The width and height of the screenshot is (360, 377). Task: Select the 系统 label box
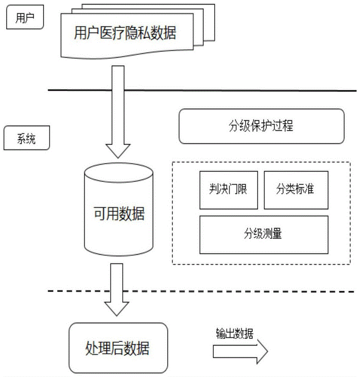tap(26, 139)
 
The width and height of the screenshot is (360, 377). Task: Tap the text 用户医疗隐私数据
tap(125, 34)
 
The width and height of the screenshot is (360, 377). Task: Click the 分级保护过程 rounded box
tap(261, 126)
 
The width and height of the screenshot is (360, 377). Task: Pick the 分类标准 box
tap(295, 190)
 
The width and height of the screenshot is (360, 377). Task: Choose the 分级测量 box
tap(263, 234)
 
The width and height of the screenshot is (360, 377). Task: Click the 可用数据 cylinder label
tap(119, 215)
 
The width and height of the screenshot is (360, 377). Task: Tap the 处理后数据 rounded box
tap(118, 348)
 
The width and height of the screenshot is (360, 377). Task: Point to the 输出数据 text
tap(234, 333)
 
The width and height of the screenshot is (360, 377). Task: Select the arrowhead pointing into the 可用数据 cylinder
tap(118, 151)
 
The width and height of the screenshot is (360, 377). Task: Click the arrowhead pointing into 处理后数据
tap(118, 309)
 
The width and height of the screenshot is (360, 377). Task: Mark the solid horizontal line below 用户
tap(202, 90)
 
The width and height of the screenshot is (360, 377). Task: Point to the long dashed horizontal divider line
tap(202, 291)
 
